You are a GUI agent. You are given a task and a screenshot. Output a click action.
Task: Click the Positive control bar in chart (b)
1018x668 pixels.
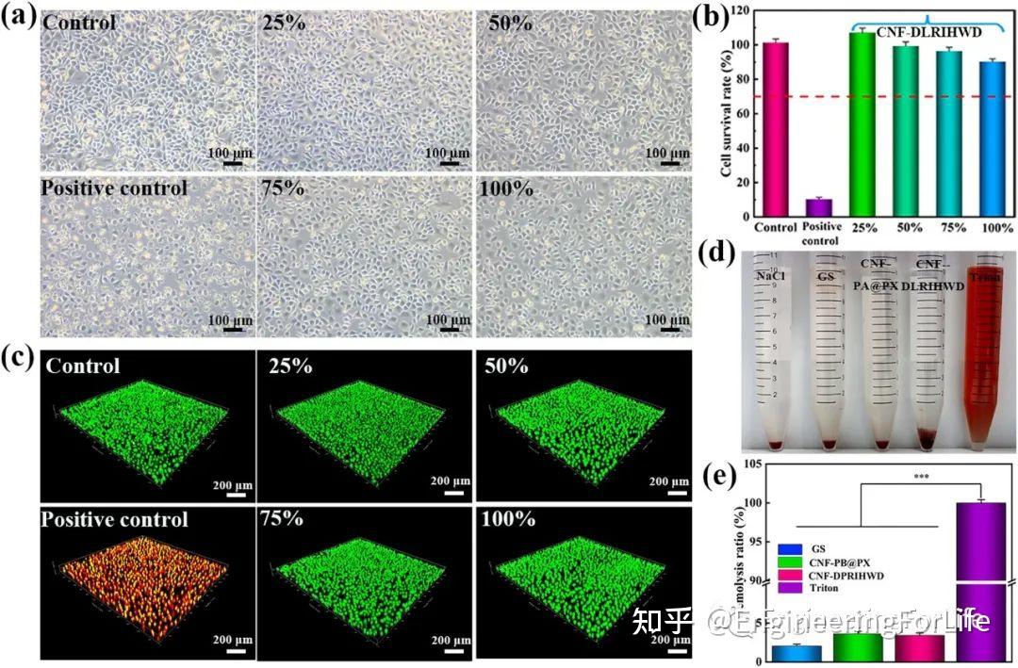point(818,207)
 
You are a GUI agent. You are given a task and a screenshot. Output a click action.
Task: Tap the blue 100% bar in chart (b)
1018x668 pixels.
point(993,141)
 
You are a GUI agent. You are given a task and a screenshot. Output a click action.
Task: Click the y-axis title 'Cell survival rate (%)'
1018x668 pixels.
point(726,113)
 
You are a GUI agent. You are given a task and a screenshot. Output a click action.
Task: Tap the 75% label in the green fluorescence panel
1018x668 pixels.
point(284,520)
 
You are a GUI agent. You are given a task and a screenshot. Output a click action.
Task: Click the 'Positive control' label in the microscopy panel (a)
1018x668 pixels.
point(114,188)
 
